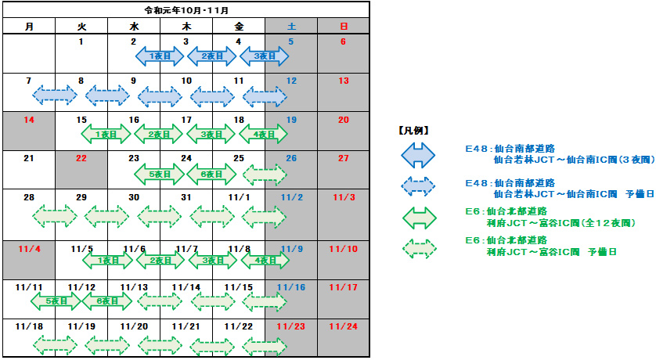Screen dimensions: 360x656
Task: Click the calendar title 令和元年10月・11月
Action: click(x=185, y=10)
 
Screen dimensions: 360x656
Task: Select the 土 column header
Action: click(x=290, y=27)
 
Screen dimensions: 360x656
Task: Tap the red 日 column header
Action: click(x=343, y=27)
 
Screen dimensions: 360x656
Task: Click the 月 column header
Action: click(x=29, y=27)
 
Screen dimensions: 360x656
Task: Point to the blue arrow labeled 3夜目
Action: click(x=264, y=56)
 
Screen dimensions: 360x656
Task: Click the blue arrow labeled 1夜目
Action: click(x=160, y=56)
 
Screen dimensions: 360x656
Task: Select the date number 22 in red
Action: click(x=81, y=158)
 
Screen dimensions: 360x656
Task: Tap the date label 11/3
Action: click(x=343, y=196)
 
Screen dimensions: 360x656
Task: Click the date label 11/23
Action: click(x=290, y=326)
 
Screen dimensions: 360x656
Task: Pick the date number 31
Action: click(x=186, y=196)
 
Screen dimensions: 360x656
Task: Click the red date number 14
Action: click(x=29, y=120)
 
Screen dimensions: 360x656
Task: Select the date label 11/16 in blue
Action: click(x=290, y=287)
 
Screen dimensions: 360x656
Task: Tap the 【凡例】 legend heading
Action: click(x=413, y=130)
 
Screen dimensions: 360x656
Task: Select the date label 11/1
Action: click(x=238, y=196)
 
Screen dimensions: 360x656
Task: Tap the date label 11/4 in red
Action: click(x=29, y=248)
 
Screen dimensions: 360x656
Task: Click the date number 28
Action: click(x=29, y=196)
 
